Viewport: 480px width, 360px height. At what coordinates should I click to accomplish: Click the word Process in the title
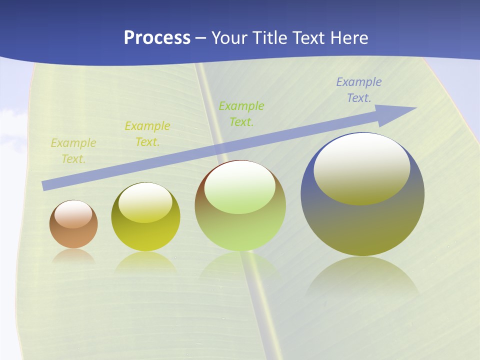[x=157, y=38]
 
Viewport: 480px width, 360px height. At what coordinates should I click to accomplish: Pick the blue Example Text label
[x=358, y=90]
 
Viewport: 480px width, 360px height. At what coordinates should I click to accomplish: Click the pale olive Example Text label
[x=73, y=151]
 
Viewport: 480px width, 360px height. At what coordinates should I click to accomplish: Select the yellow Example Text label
[x=147, y=134]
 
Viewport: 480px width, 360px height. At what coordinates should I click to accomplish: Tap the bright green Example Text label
[x=241, y=113]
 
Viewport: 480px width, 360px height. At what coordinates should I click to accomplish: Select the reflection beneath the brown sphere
[x=73, y=256]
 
